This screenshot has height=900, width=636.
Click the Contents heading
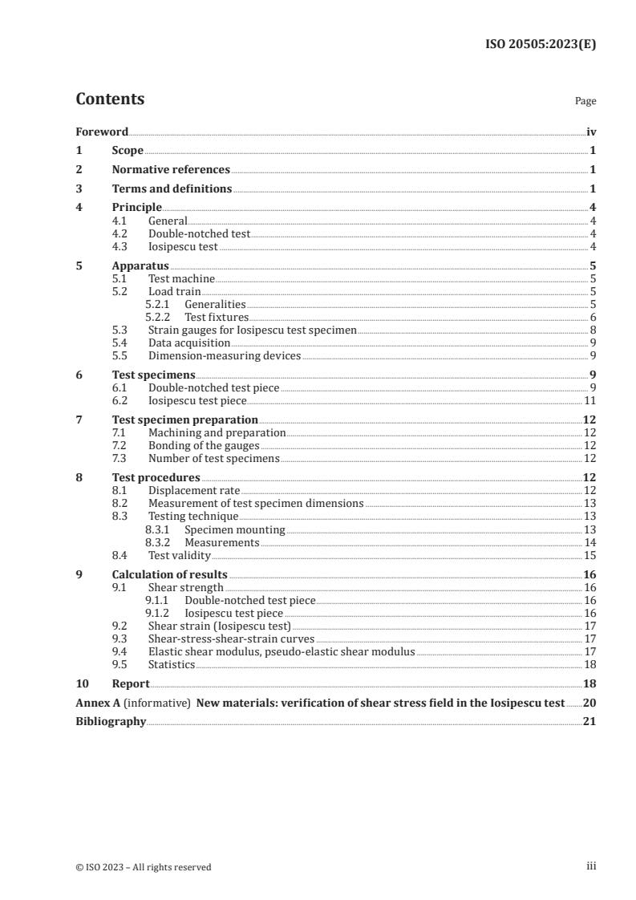[x=110, y=99]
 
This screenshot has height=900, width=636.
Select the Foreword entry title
[x=102, y=132]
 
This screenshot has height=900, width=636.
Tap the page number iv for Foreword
[x=591, y=132]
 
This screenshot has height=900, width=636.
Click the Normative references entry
[x=171, y=170]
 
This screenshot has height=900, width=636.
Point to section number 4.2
[x=122, y=233]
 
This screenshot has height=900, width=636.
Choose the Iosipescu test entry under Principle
[x=183, y=246]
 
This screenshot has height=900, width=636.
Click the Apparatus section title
[x=140, y=266]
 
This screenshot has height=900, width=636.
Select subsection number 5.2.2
[x=158, y=317]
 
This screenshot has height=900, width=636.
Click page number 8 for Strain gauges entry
[x=592, y=330]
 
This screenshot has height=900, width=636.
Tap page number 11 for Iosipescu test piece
[x=589, y=400]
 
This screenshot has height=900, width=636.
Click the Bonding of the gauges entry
[x=204, y=445]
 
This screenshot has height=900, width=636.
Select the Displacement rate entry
[x=194, y=490]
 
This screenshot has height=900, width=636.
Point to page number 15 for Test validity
[x=589, y=554]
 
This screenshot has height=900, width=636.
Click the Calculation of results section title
[x=169, y=574]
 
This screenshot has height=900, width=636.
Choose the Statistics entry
[x=172, y=664]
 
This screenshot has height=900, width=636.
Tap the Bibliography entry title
[x=111, y=722]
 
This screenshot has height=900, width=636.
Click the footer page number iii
[x=591, y=866]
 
